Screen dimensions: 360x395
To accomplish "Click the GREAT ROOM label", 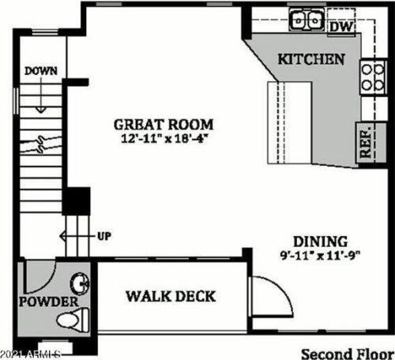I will [x=164, y=124].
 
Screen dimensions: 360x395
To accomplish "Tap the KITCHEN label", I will [x=311, y=59].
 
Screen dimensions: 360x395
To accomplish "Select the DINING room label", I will [x=321, y=241].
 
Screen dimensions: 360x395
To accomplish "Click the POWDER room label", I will [x=50, y=302].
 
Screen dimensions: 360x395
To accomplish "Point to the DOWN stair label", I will [x=40, y=71].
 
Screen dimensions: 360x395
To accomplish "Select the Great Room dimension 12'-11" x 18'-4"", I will [x=164, y=139].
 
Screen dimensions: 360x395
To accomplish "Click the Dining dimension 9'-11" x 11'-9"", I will [x=321, y=255].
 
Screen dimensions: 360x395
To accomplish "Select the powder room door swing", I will [x=39, y=276].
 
